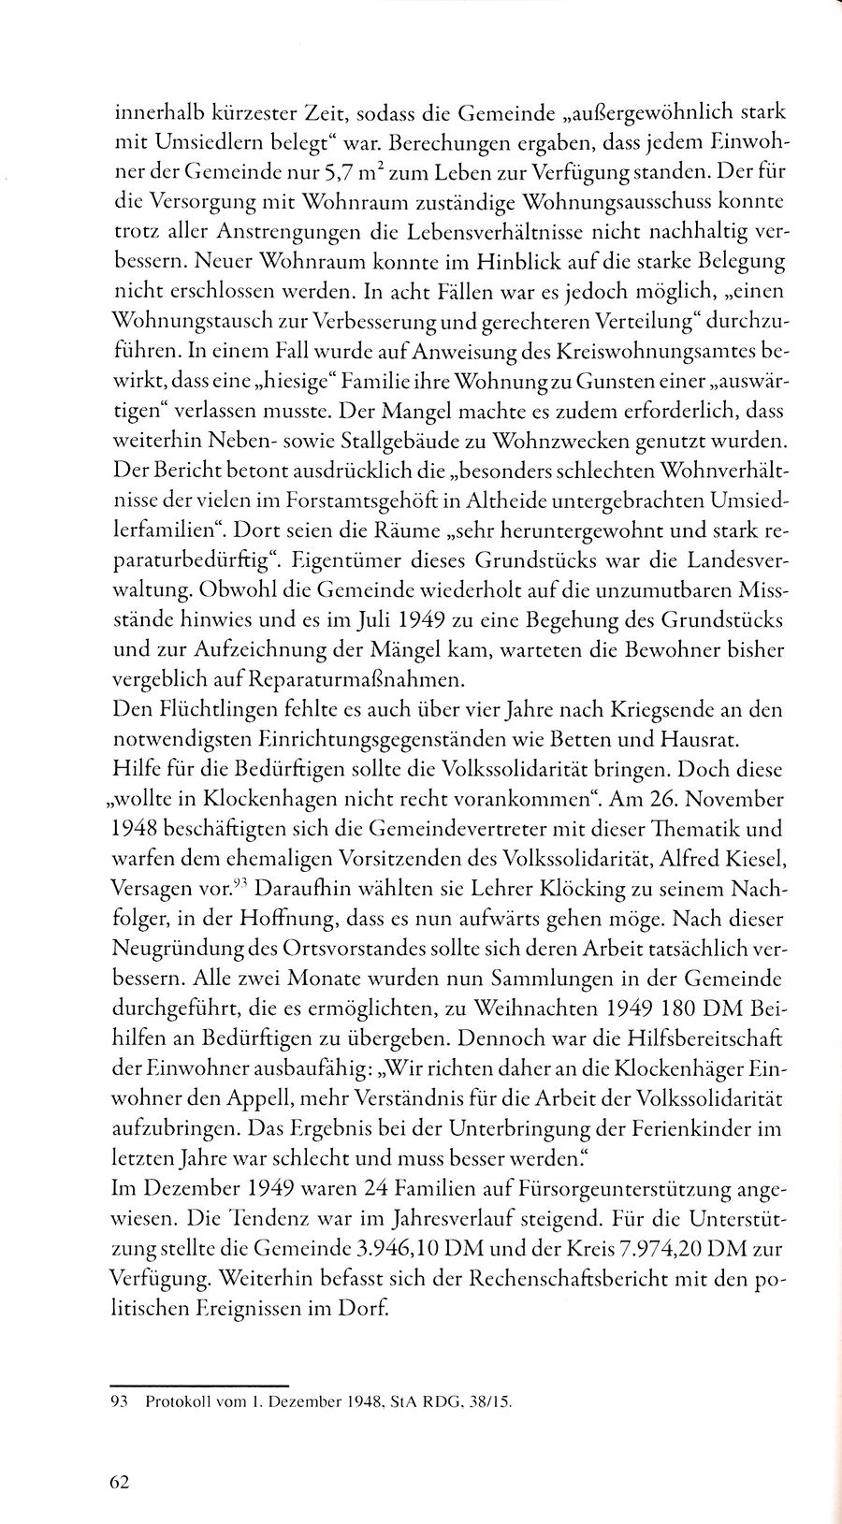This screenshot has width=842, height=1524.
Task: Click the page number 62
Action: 121,1481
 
